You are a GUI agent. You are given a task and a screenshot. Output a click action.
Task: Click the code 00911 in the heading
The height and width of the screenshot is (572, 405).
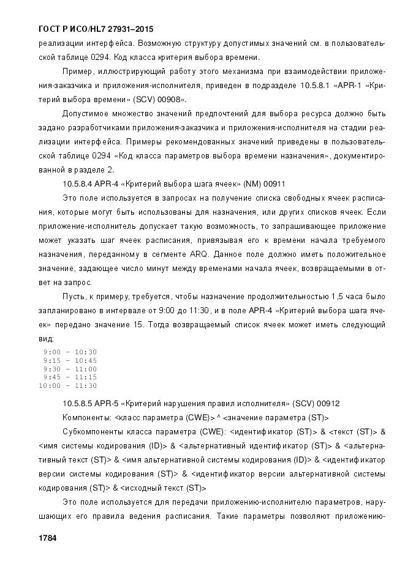click(274, 183)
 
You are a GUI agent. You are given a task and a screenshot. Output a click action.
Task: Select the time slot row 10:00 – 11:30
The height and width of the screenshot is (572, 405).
click(67, 386)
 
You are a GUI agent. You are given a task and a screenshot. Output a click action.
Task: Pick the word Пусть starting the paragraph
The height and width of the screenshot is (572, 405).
click(73, 297)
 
